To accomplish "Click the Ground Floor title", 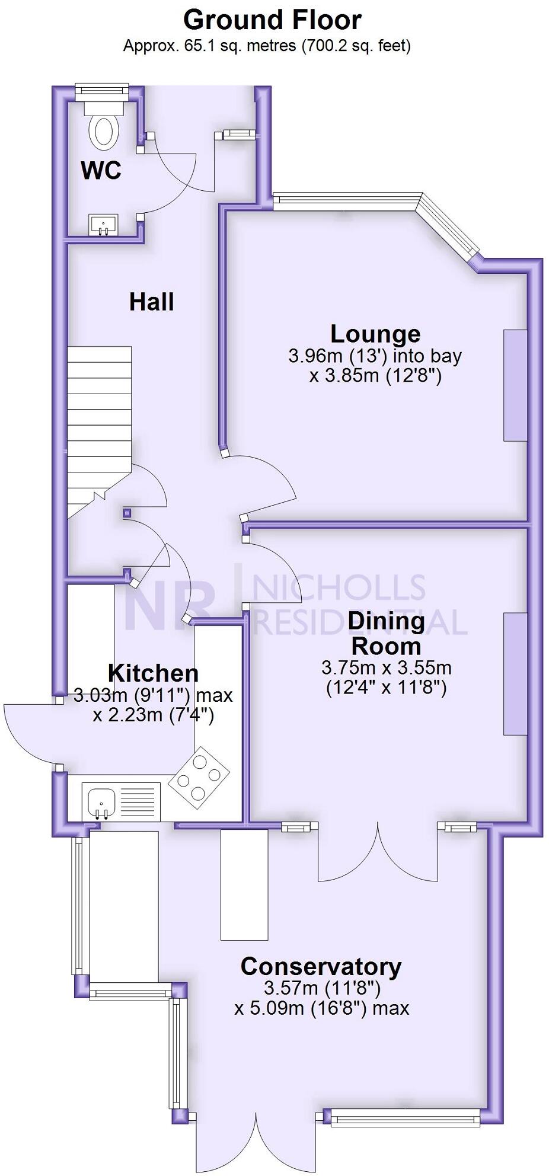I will (x=272, y=20).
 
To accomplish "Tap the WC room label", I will (x=101, y=171).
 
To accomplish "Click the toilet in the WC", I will (x=104, y=127).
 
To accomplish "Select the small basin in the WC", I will (x=104, y=225).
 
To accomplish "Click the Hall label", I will (x=152, y=302).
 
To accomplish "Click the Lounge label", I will (x=375, y=334).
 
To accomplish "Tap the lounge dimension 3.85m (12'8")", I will (x=375, y=376).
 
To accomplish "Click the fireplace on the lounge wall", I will (x=515, y=385).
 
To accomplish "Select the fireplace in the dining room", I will (x=515, y=674).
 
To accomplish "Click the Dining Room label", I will (x=386, y=633).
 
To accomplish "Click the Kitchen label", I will (x=153, y=673).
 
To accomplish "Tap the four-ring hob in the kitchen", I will (x=199, y=777).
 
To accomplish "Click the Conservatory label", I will (x=321, y=967).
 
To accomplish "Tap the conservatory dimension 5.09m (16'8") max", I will (x=322, y=1008).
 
